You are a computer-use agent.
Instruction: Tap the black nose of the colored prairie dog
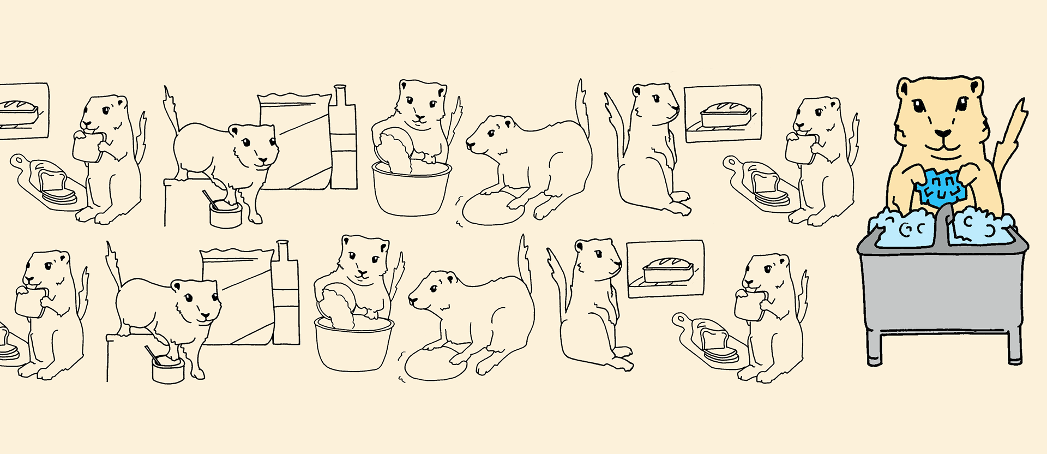point(942,133)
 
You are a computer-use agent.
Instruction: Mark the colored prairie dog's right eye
point(962,103)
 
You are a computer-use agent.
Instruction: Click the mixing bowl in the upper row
point(411,188)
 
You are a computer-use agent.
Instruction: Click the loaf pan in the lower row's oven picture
point(667,271)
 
